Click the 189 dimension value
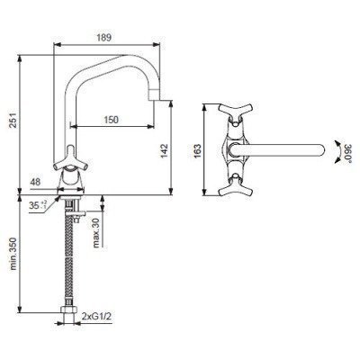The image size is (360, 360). point(104,38)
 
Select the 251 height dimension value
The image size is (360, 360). point(13,121)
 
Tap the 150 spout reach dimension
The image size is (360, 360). point(112,120)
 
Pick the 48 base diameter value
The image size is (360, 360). point(35,182)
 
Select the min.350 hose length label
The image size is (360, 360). point(13,254)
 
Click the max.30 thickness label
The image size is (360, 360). point(95,232)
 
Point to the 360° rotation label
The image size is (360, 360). point(348,152)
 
